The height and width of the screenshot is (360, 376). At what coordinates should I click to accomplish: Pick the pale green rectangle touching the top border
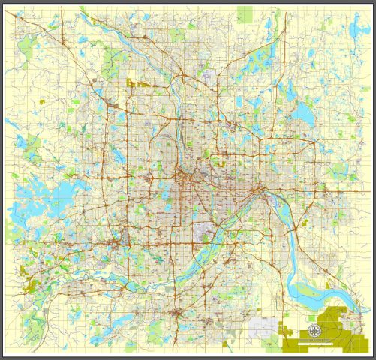(x=245, y=14)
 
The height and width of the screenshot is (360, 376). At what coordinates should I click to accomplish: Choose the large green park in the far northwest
(x=116, y=58)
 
